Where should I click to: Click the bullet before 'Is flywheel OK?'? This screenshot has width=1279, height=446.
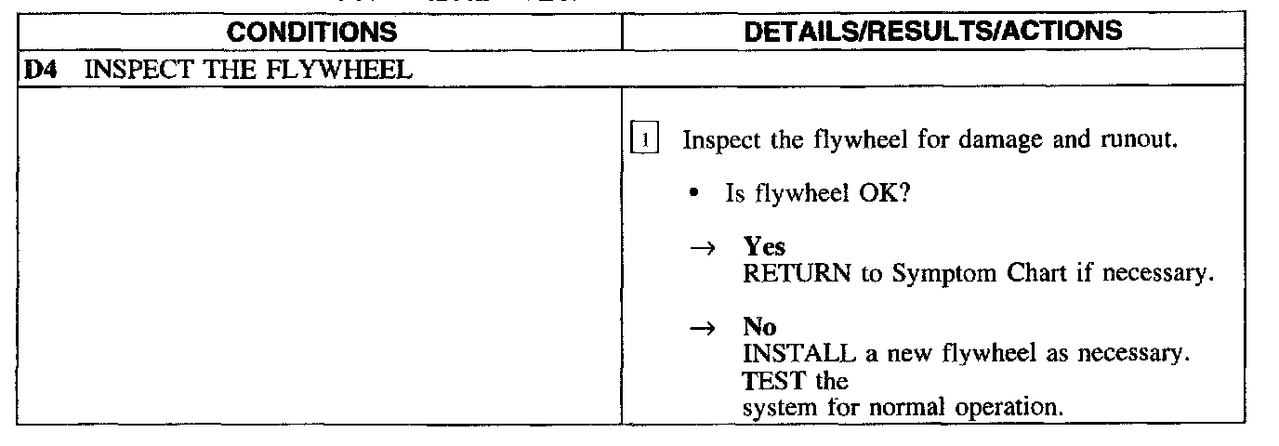click(693, 195)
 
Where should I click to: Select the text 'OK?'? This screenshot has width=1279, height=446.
click(877, 195)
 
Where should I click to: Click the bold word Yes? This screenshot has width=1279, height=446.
click(763, 247)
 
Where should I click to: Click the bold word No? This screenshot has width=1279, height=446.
click(759, 327)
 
